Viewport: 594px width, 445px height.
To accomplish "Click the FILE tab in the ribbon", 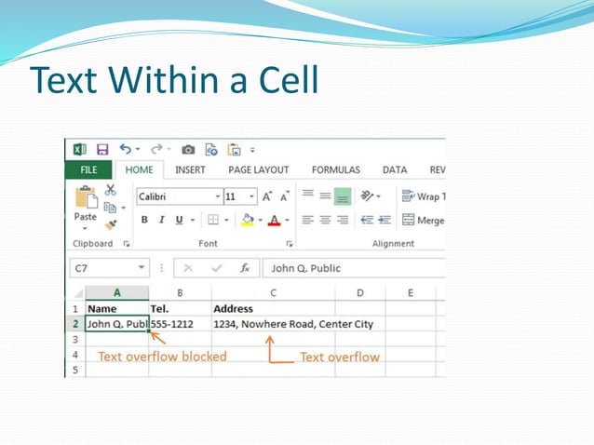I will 88,170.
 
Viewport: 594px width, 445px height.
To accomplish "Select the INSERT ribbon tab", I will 190,170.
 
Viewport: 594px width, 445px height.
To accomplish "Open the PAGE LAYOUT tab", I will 258,170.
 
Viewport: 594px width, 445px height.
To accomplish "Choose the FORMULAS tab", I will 335,170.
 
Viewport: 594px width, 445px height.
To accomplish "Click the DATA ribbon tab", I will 395,170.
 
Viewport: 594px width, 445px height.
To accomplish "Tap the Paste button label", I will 85,216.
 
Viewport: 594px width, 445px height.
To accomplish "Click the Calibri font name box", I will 178,196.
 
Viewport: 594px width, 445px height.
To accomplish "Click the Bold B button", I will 144,220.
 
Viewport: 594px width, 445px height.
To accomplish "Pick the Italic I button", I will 161,220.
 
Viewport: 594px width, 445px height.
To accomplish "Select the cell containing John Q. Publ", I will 115,324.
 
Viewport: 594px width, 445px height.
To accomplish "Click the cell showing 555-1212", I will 178,324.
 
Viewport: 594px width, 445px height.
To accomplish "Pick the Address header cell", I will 233,308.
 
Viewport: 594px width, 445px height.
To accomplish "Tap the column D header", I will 360,293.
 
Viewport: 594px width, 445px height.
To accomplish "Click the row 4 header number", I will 74,355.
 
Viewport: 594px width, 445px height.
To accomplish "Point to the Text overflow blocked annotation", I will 162,356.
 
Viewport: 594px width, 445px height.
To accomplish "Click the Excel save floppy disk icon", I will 102,149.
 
